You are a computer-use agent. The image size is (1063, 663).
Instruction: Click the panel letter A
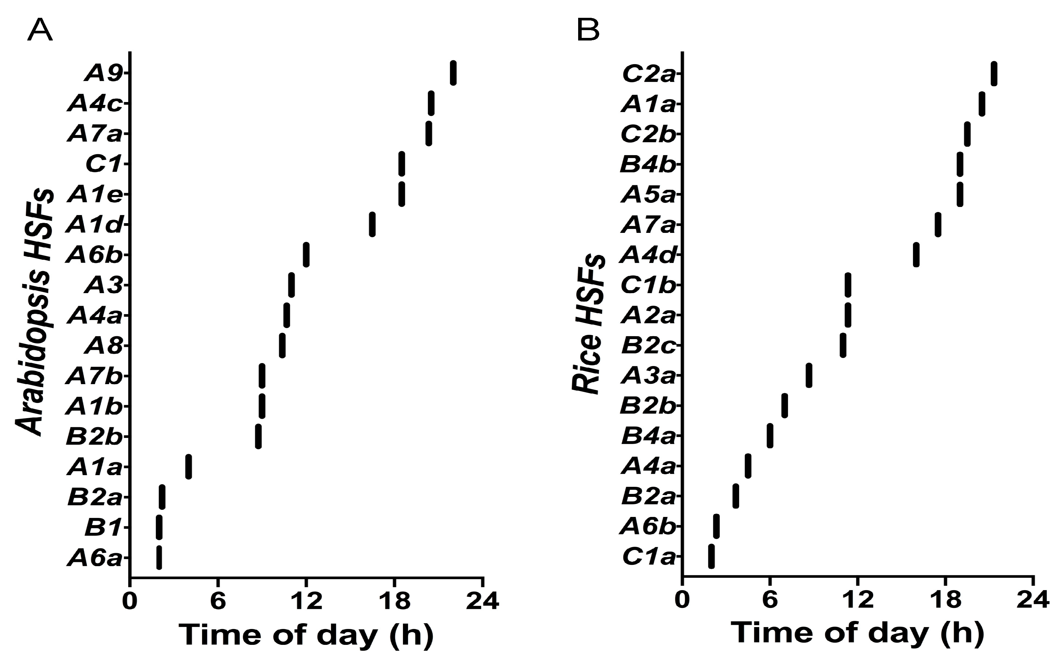[40, 31]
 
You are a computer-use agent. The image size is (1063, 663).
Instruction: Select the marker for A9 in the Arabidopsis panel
[453, 73]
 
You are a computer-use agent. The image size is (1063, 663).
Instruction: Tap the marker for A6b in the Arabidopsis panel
[306, 254]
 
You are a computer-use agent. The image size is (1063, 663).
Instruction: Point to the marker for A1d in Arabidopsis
[372, 224]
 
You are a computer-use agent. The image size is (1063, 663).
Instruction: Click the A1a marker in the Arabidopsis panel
[189, 466]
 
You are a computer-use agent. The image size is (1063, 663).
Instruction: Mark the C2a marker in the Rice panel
[994, 73]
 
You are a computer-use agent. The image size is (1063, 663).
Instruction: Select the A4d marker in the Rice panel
[916, 254]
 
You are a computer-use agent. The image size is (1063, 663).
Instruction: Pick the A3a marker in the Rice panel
[809, 375]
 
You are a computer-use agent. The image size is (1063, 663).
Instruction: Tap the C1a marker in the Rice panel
[711, 556]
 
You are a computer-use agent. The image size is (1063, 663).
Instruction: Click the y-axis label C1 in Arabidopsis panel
[103, 165]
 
